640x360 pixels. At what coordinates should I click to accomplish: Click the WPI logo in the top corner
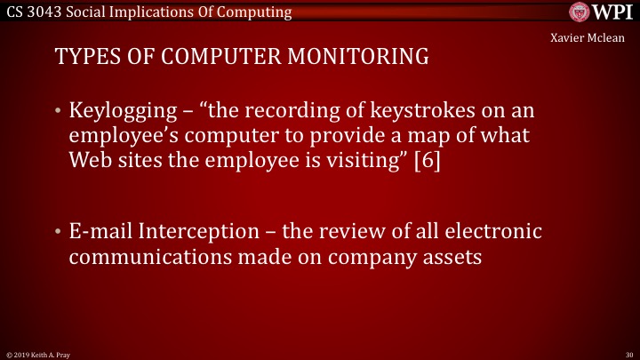(x=603, y=12)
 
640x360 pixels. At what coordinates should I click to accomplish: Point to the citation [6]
(x=426, y=164)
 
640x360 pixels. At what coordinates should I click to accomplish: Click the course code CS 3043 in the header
(x=32, y=12)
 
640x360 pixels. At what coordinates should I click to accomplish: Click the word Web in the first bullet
(x=91, y=164)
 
